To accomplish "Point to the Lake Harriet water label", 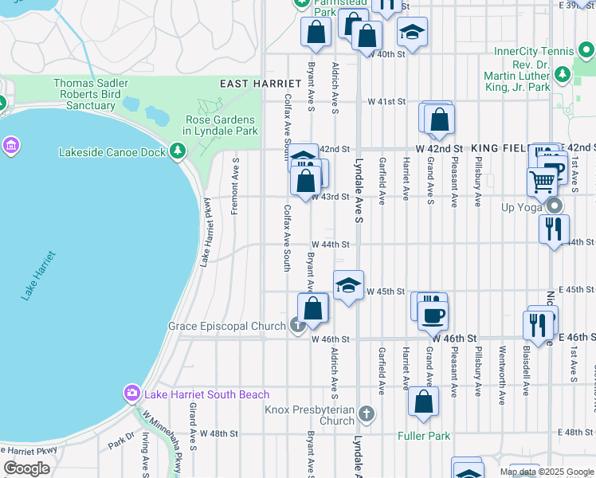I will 37,276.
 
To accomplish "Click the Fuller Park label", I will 424,436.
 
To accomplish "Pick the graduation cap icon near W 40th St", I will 411,32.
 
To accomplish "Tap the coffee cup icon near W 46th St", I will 433,315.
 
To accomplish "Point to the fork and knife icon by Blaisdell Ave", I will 539,323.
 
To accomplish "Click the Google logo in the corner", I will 27,469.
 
